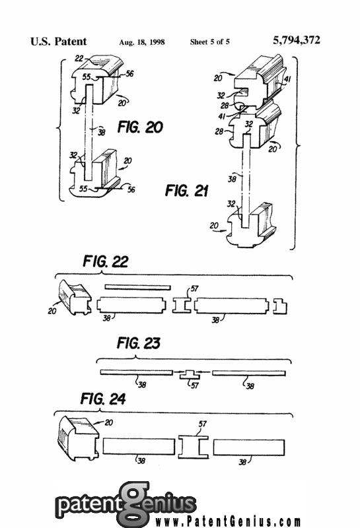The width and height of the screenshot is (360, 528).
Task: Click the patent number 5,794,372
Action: pos(297,40)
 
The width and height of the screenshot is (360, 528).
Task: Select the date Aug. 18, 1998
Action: pos(142,42)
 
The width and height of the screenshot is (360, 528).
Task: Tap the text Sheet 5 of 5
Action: pos(209,42)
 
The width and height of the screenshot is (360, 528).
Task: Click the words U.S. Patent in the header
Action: pos(58,42)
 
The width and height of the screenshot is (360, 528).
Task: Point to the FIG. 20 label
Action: pos(140,127)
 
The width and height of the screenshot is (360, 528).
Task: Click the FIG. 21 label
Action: pos(186,191)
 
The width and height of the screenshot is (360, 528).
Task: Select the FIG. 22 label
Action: pos(106,261)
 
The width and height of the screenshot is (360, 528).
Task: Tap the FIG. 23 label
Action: pos(138,343)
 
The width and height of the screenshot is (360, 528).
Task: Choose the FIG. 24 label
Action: pos(103,399)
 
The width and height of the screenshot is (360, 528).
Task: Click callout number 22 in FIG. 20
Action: pos(79,59)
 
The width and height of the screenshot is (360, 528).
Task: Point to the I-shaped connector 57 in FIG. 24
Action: pos(193,447)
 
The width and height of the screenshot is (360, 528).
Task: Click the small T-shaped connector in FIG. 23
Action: pos(190,374)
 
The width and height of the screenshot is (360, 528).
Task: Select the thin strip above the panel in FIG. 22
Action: pos(137,287)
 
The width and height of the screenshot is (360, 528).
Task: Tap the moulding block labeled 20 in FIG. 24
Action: pos(79,438)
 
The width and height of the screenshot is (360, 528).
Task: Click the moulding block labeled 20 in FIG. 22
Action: pos(75,298)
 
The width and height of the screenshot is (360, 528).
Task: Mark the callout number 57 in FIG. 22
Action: pos(194,288)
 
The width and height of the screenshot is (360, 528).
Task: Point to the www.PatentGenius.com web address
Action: pos(228,521)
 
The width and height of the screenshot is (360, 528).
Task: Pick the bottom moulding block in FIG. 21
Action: pos(252,226)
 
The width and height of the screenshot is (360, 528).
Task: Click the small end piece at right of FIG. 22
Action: pos(280,306)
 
